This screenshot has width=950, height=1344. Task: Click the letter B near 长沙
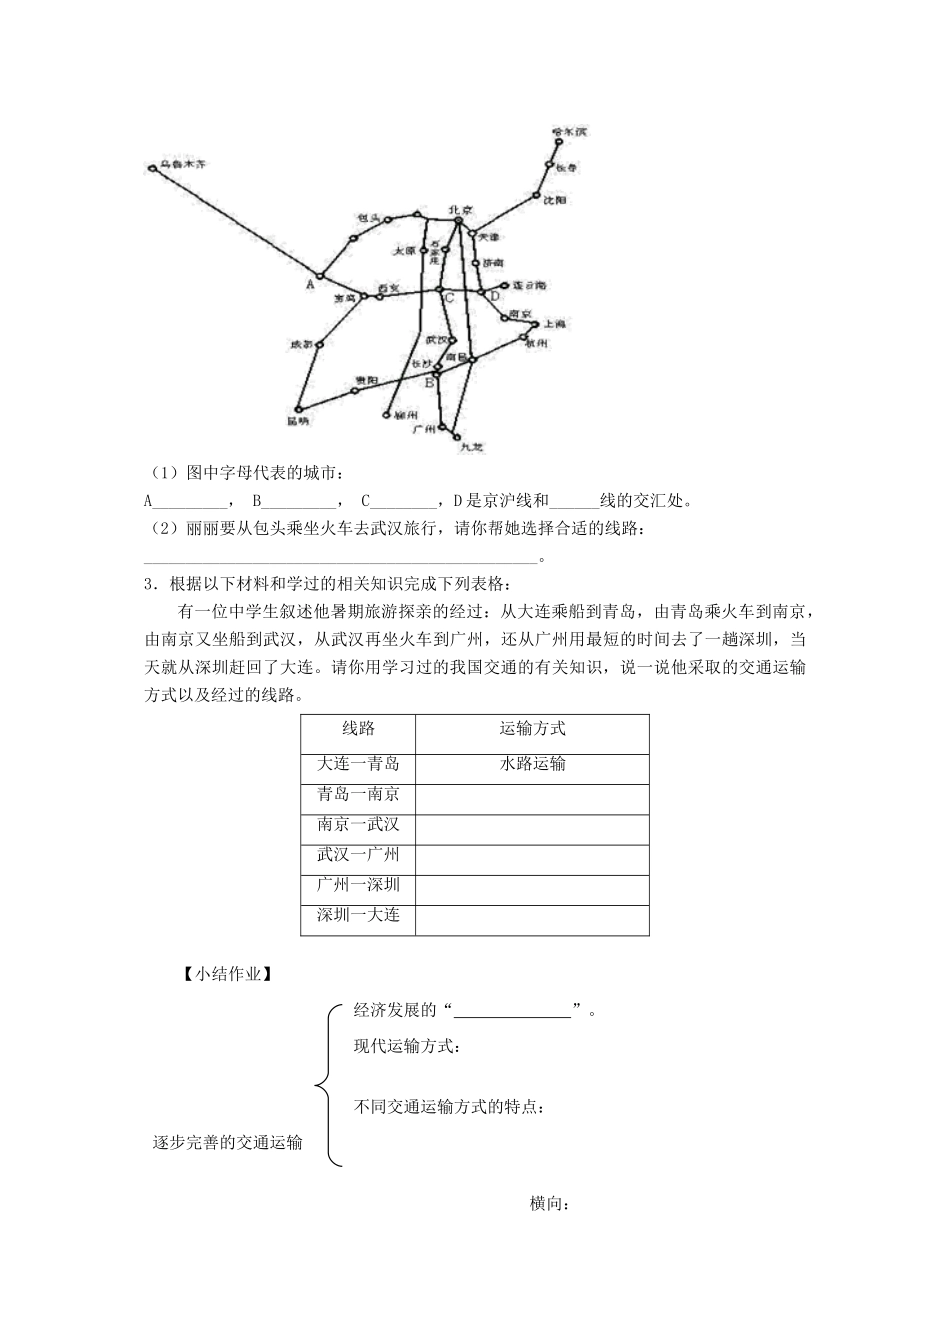(x=430, y=382)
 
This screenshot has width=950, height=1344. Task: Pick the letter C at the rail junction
(x=450, y=298)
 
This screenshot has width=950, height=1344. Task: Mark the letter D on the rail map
(x=493, y=297)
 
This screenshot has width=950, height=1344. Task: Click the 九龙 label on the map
(x=471, y=447)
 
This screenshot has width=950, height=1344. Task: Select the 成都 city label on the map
(x=300, y=345)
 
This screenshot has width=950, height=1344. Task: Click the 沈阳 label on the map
(x=555, y=200)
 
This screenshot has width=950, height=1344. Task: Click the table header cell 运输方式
(x=532, y=729)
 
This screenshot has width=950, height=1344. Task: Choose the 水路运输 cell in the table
(x=532, y=764)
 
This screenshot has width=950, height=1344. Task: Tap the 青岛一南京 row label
(x=358, y=794)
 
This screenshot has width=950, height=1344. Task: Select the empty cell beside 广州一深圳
(x=532, y=885)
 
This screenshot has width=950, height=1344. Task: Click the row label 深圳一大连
(x=358, y=915)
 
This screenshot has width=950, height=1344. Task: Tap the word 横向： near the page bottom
(x=549, y=1204)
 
